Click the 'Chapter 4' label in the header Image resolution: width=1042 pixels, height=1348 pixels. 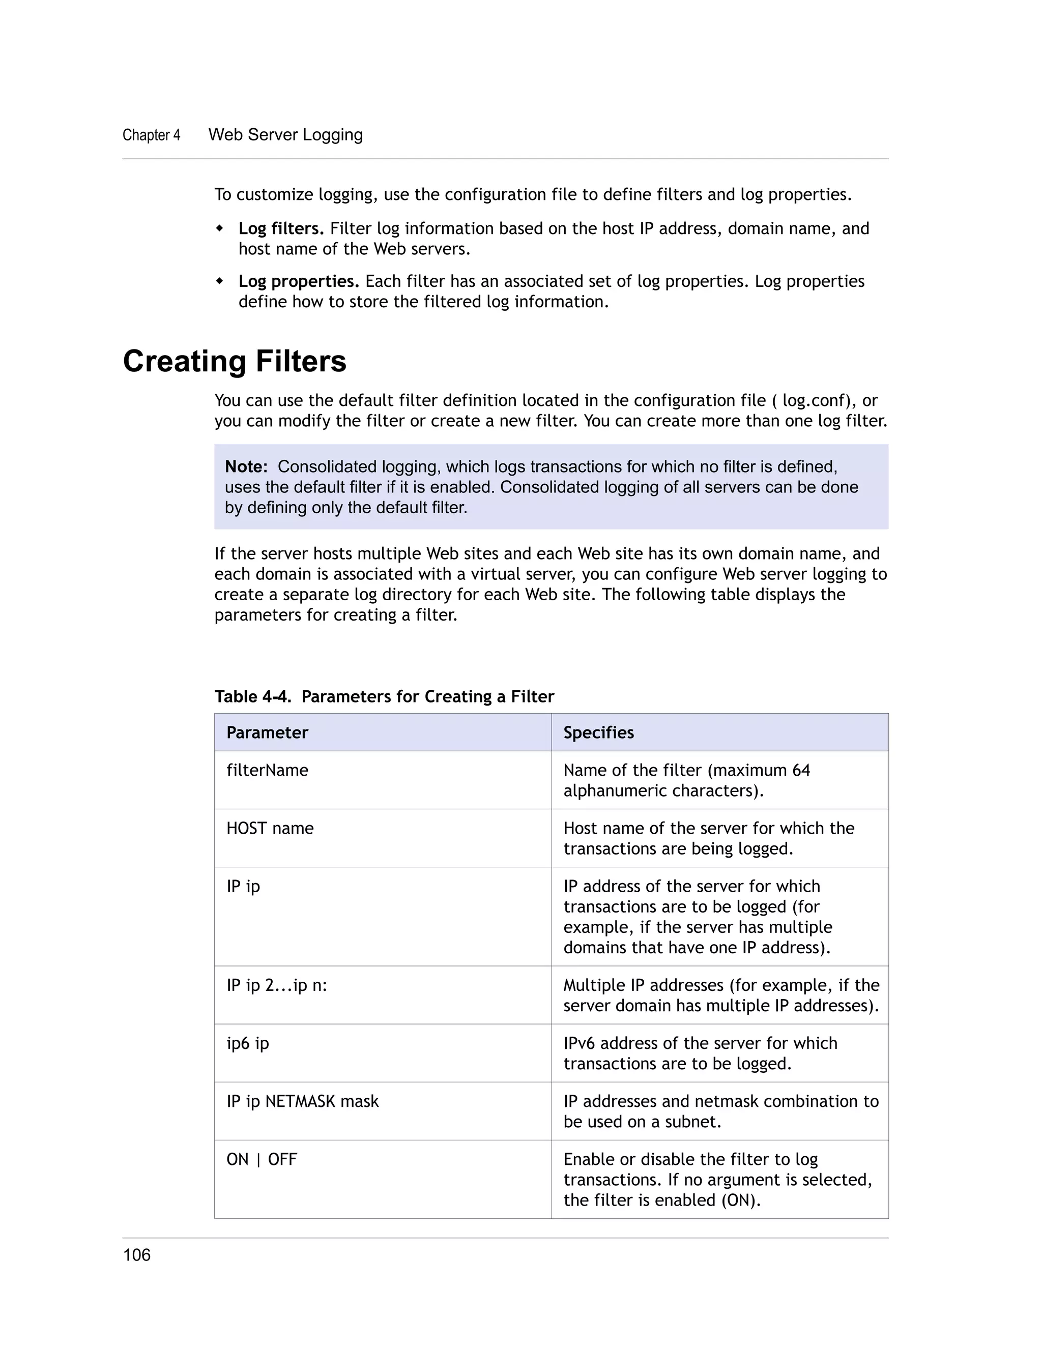[x=151, y=135]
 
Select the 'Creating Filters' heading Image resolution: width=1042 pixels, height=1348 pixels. [x=234, y=361]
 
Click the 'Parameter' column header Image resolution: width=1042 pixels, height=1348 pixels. [x=267, y=732]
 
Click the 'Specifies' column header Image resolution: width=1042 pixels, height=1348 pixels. [x=598, y=732]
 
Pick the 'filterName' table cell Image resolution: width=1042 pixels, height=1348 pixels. [x=267, y=770]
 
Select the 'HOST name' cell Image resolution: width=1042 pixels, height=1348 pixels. [x=270, y=828]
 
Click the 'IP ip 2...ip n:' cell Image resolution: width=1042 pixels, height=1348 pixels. [x=277, y=985]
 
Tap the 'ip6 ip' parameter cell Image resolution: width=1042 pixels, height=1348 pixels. [x=248, y=1043]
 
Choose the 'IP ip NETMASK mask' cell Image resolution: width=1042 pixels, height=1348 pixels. [x=303, y=1101]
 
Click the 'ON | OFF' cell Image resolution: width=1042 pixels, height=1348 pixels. [x=262, y=1159]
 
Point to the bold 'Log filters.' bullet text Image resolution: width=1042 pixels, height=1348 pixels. [x=281, y=229]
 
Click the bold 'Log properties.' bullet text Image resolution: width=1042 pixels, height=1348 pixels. [x=299, y=281]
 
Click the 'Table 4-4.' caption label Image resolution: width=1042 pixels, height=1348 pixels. [x=252, y=697]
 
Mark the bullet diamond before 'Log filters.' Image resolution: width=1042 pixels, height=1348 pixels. [x=219, y=228]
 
